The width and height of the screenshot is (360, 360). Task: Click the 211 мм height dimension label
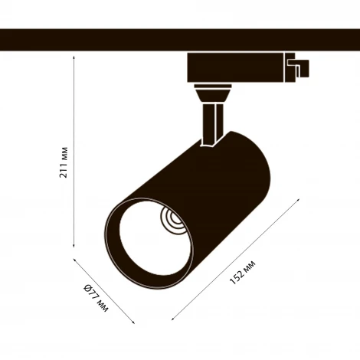click(64, 162)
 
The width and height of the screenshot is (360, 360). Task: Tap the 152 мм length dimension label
click(243, 273)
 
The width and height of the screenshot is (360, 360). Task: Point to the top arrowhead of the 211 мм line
click(74, 57)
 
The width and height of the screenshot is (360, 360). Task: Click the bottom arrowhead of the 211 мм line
click(74, 246)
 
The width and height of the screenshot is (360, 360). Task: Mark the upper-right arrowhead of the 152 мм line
click(298, 199)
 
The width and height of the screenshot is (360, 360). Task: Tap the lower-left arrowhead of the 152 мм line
click(173, 319)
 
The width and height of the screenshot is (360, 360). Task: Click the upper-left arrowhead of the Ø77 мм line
click(75, 260)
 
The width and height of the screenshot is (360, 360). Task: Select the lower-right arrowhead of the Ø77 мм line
click(133, 322)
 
